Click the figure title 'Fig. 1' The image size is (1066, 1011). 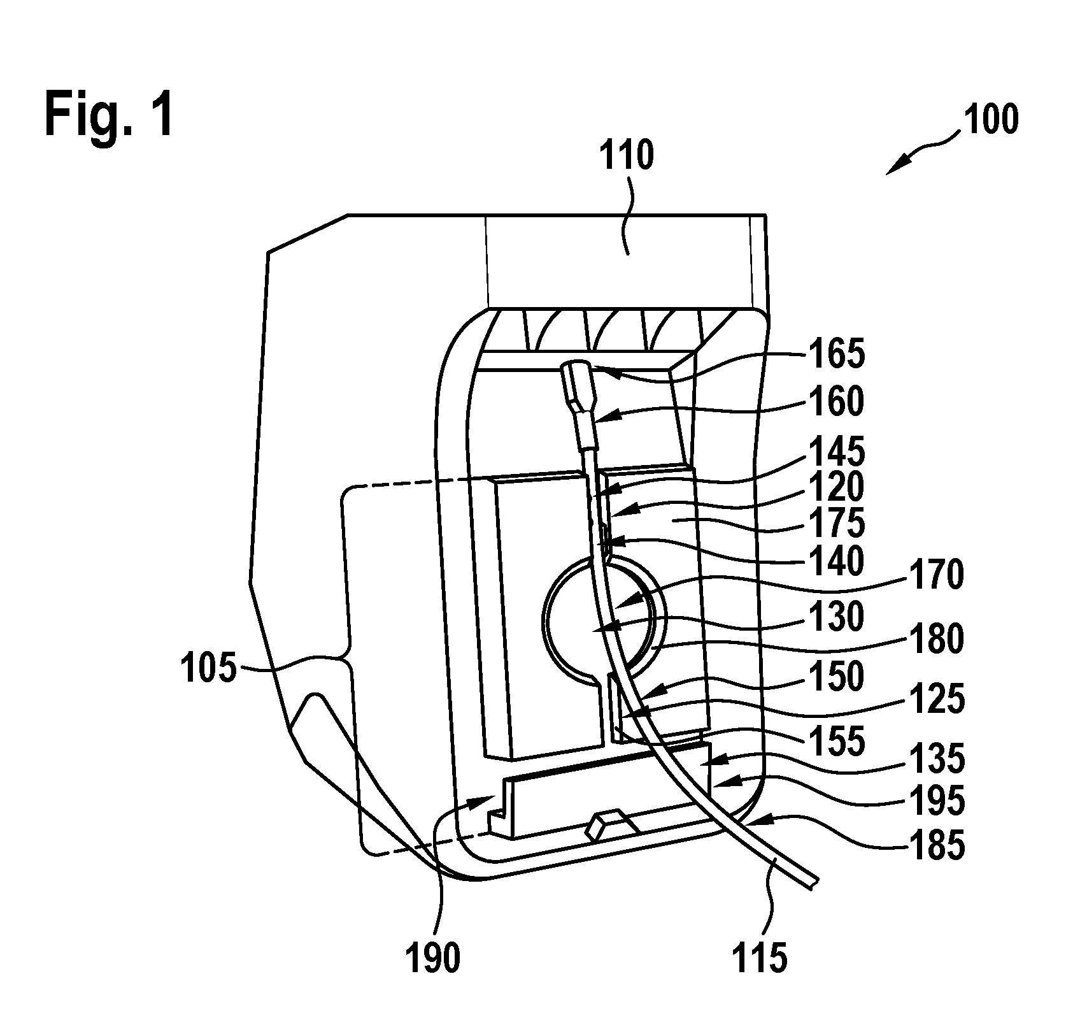coord(109,114)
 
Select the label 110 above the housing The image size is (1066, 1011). coord(627,155)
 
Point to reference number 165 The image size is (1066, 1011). coord(837,354)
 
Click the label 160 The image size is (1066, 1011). coord(837,402)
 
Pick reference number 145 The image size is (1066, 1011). coord(837,452)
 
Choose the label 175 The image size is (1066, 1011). coord(837,523)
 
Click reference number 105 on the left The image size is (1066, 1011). coord(209,670)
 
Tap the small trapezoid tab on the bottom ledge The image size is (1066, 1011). coord(611,824)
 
